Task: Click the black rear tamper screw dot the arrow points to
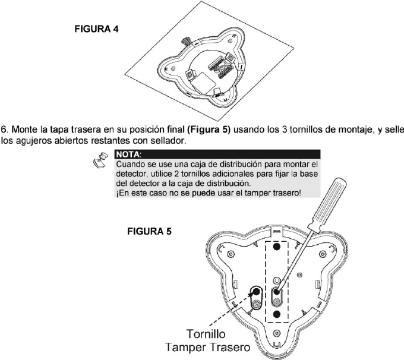click(x=255, y=291)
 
